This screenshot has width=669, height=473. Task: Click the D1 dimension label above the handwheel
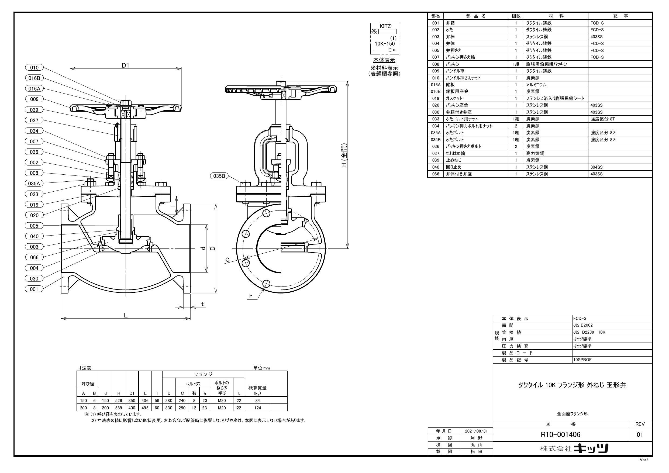[126, 65]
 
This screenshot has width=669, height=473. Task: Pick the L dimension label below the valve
[126, 315]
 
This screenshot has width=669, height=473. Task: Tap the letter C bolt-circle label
[227, 260]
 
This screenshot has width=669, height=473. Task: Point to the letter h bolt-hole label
[251, 296]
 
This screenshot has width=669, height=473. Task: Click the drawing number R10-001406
[560, 435]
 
